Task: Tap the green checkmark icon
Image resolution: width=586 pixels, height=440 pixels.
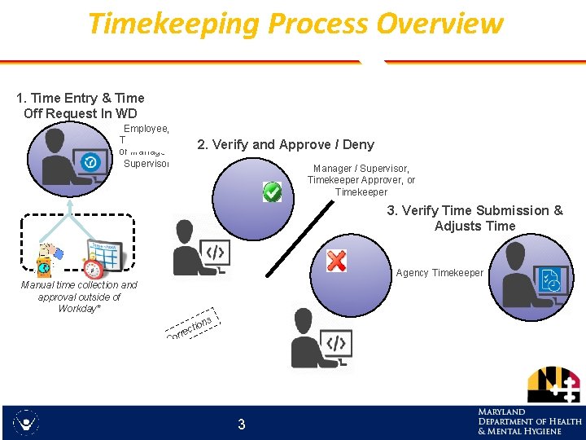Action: tap(272, 192)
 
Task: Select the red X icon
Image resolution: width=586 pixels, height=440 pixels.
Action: tap(336, 261)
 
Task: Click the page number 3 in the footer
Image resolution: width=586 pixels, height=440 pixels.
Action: tap(241, 424)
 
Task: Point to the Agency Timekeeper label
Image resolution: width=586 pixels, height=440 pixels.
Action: tap(439, 273)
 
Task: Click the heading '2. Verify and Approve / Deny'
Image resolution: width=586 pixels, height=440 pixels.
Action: tap(286, 144)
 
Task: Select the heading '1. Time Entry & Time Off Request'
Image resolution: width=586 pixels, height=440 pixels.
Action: tap(81, 106)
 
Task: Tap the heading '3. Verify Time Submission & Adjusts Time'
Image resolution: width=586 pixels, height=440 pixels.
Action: tap(474, 218)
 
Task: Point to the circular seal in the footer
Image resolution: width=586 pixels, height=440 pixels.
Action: tap(27, 423)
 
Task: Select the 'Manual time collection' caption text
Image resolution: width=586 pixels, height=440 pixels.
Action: tap(79, 297)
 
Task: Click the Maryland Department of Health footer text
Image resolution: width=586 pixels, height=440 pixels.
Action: tap(529, 421)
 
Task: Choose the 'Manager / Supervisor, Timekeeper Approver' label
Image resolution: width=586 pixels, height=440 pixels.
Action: tap(361, 180)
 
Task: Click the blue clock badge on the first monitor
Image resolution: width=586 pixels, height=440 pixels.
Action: tap(91, 162)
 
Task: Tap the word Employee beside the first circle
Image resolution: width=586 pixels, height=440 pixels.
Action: tap(146, 129)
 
